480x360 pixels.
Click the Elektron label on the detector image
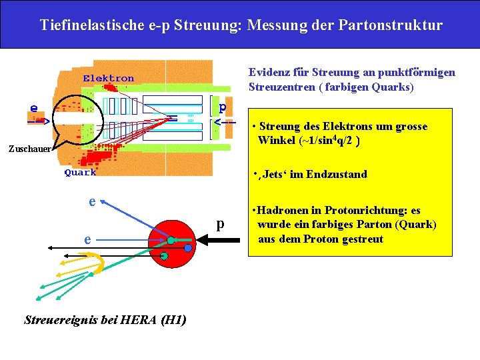point(108,79)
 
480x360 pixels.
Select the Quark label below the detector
point(80,173)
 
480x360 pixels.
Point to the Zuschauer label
point(26,149)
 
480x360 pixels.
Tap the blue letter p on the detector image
point(223,107)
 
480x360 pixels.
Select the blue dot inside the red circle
point(188,248)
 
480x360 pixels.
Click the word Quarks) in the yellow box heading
point(393,87)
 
